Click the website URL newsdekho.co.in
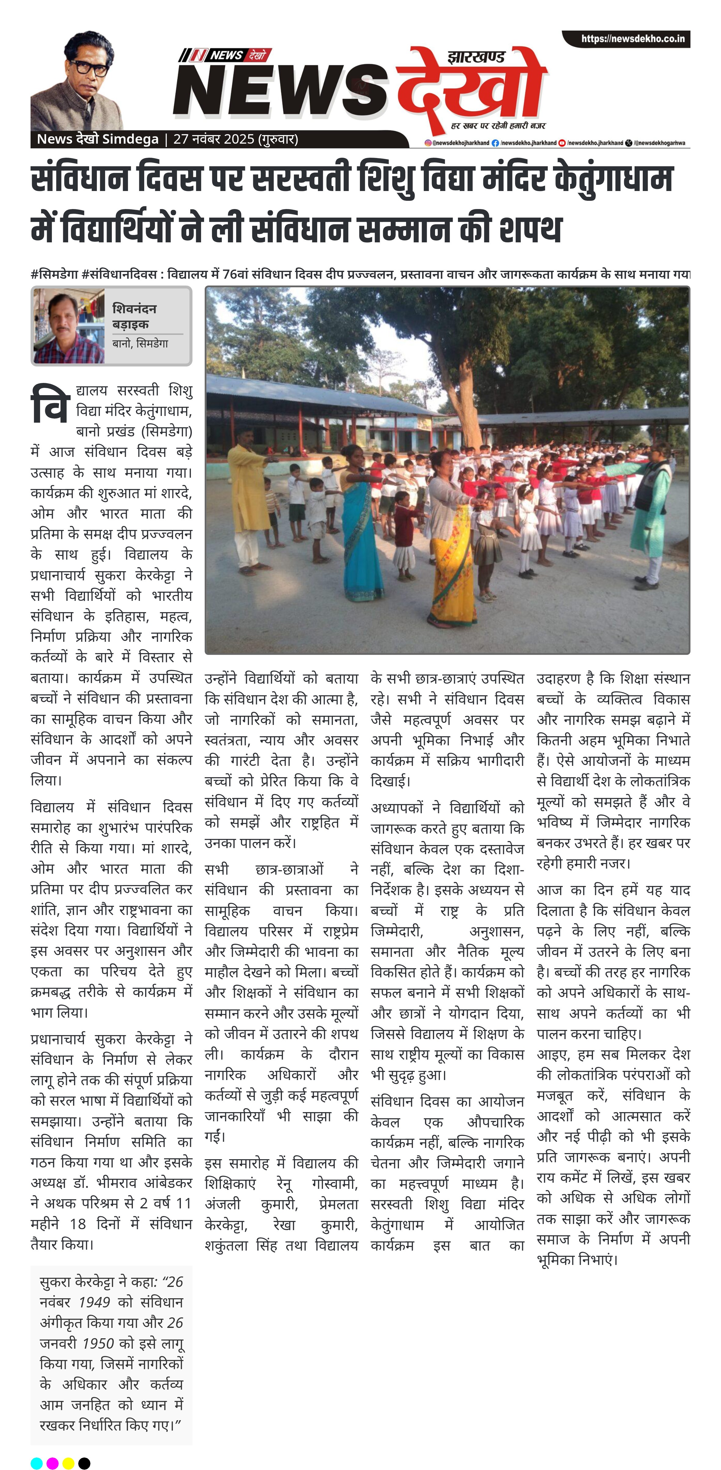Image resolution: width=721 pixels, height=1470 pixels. coord(633,39)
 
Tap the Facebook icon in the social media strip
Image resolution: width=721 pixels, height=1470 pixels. coord(495,143)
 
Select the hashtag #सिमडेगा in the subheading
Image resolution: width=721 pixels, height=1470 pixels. coord(54,274)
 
